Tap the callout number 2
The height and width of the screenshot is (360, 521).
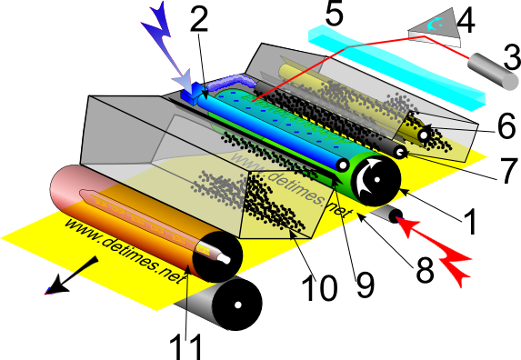199,18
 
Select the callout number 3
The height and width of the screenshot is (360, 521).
512,57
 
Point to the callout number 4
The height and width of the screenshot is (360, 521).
466,21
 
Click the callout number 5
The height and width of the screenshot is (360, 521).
335,14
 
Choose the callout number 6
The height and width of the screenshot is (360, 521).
506,125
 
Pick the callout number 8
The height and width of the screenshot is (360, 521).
425,271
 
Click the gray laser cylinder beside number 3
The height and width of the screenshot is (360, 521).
494,72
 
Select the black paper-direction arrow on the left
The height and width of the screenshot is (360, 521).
72,275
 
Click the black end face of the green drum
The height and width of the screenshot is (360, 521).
377,180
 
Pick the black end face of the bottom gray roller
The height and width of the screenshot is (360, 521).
237,305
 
